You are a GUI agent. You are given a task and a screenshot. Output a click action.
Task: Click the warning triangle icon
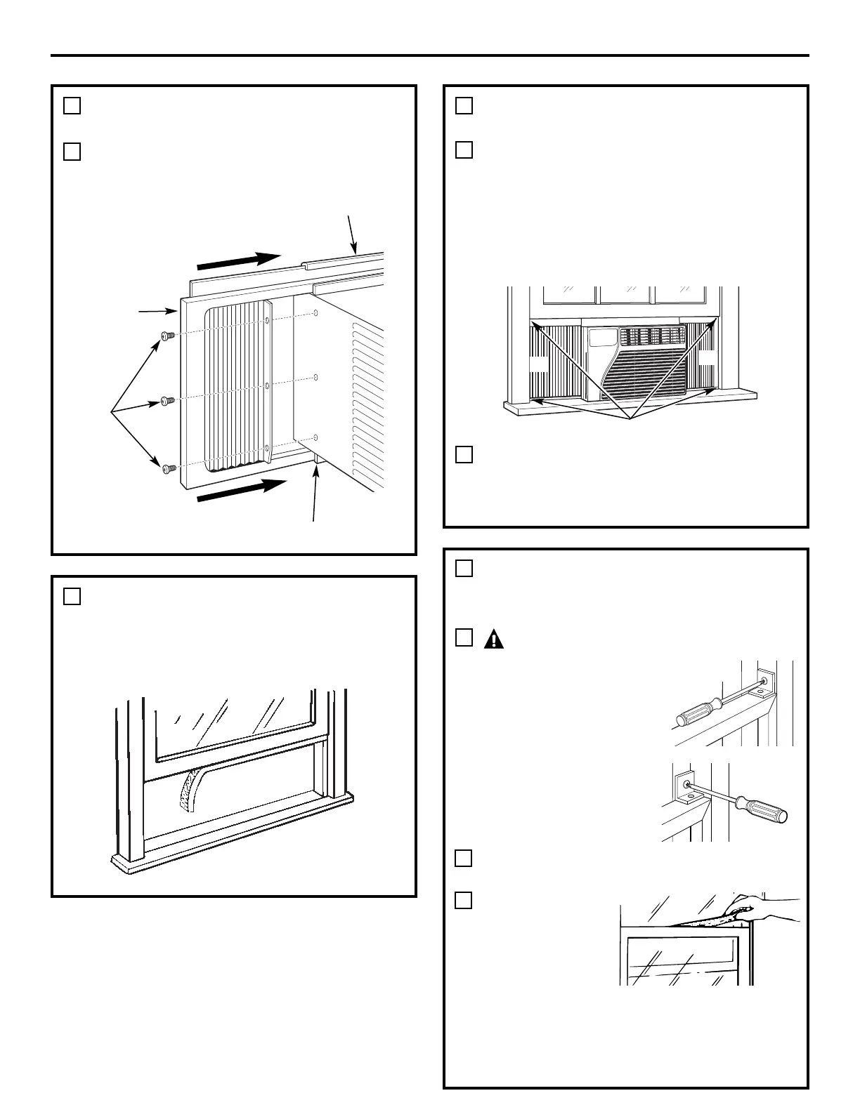tap(493, 639)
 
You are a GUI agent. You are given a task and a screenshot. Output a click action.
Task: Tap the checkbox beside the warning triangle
tap(463, 637)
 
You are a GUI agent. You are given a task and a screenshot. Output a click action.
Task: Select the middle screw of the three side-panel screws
tap(167, 401)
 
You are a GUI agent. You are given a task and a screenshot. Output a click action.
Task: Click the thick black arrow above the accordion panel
tap(239, 260)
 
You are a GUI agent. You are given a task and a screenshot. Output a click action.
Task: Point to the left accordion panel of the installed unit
tap(555, 364)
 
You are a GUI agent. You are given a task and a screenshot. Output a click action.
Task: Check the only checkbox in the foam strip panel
tap(72, 596)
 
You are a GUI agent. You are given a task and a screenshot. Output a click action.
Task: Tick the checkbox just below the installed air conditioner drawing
tap(463, 454)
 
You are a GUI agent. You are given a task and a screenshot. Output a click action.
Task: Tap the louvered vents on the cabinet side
tap(367, 407)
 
